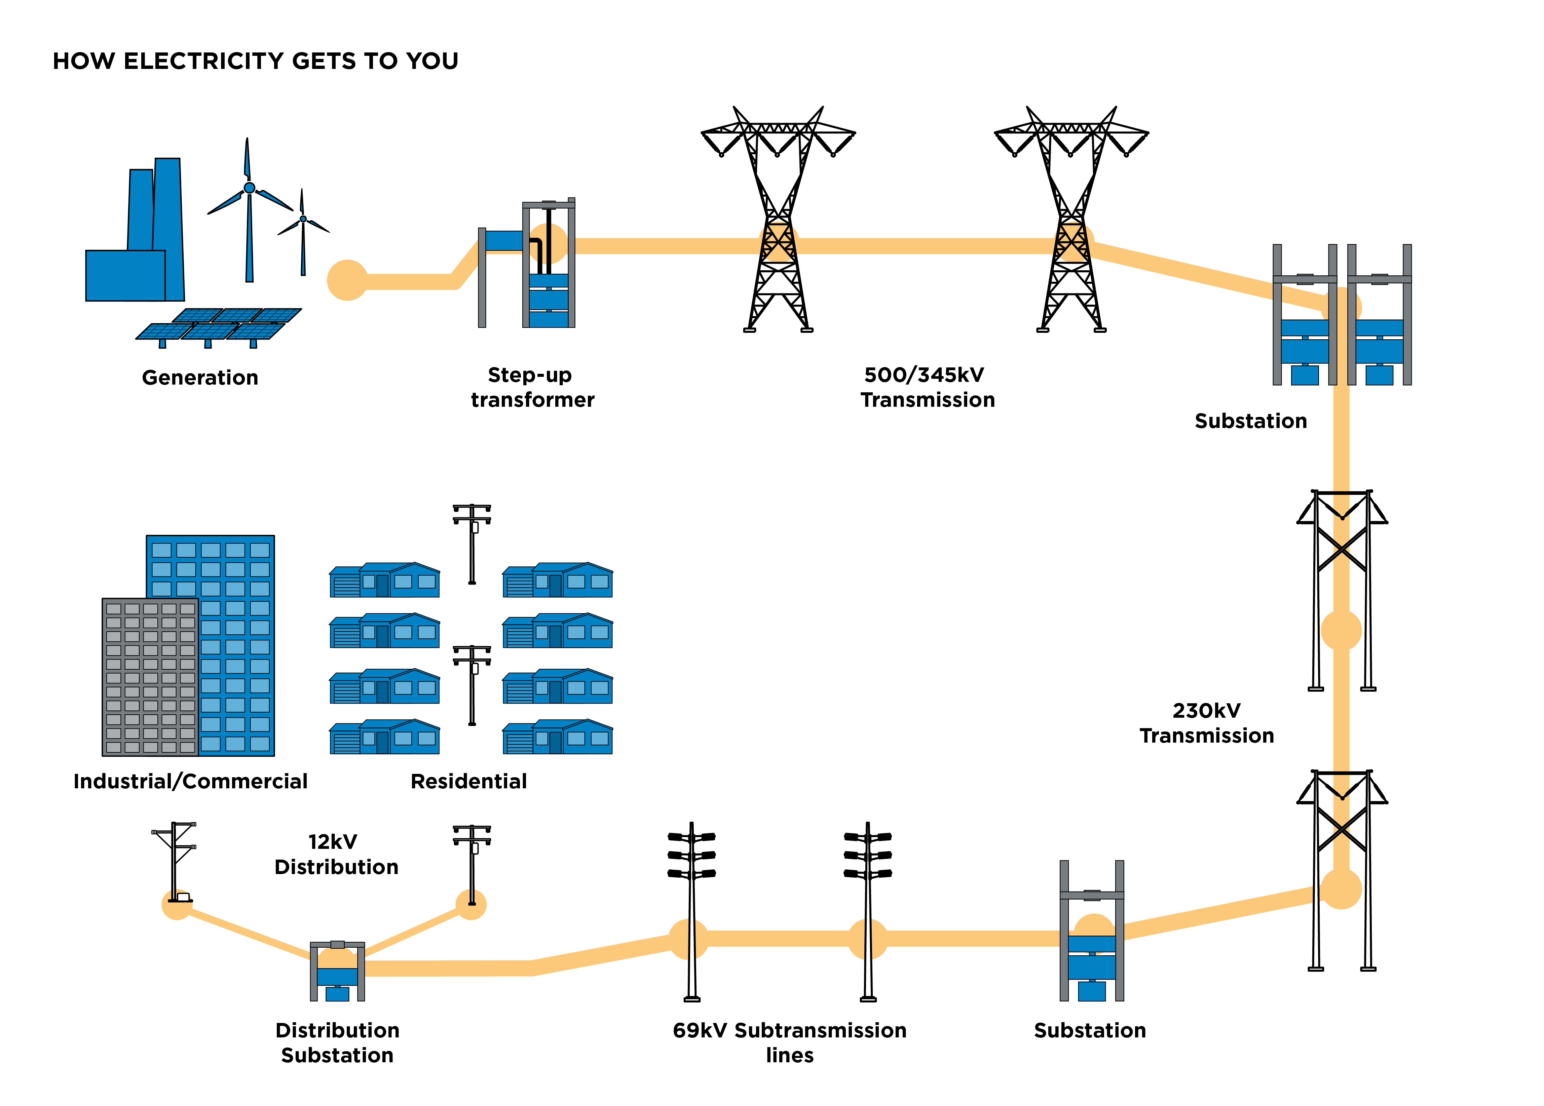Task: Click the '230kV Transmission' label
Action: pos(1206,723)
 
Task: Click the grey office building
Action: pos(150,677)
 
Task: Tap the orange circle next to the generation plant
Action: pos(347,280)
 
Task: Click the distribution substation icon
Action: pos(337,972)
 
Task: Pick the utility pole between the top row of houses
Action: pos(472,545)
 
